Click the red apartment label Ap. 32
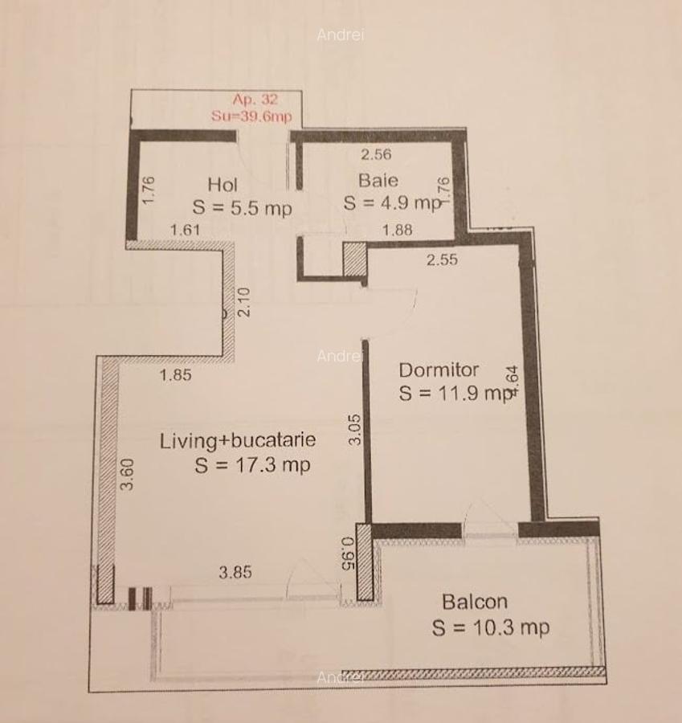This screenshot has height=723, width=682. tap(255, 100)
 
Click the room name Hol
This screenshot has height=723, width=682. tap(223, 184)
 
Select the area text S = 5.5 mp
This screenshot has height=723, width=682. tap(242, 207)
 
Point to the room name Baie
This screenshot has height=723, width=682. tap(378, 180)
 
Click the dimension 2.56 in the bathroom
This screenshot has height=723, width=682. tap(375, 155)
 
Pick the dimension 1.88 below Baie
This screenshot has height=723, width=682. tap(397, 230)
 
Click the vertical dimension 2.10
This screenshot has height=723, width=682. tap(244, 302)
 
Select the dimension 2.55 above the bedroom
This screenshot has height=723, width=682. tap(442, 259)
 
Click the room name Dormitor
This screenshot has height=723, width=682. tap(439, 370)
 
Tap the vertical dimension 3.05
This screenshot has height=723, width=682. tap(357, 429)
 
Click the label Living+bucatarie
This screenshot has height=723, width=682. tap(238, 440)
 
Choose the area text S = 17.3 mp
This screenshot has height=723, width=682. tap(252, 465)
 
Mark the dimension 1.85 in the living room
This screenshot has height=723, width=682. tap(175, 374)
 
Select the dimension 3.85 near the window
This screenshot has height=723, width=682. tap(235, 573)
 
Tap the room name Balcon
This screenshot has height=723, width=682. tap(475, 602)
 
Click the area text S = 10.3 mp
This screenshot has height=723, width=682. tap(491, 627)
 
